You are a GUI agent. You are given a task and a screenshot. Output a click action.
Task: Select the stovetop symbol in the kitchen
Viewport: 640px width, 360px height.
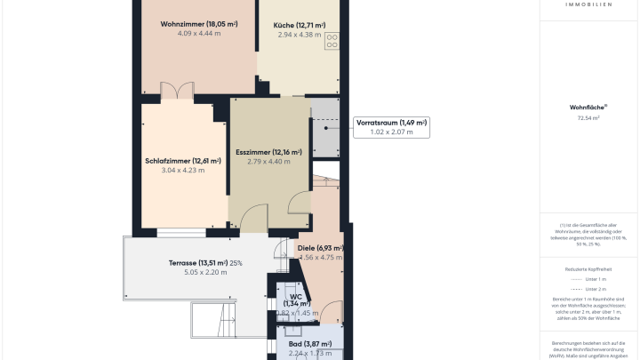[x=332, y=40]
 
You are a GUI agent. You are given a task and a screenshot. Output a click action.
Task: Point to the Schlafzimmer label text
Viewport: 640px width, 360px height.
[x=182, y=161]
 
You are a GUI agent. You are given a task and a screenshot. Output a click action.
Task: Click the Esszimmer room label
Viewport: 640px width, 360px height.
[x=268, y=152]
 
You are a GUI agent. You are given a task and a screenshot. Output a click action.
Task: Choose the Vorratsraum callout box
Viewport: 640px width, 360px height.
[x=391, y=127]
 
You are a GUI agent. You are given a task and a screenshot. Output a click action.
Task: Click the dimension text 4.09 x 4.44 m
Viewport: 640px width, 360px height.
[x=197, y=34]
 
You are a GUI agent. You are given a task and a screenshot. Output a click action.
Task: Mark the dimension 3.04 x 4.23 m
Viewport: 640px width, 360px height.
[x=182, y=170]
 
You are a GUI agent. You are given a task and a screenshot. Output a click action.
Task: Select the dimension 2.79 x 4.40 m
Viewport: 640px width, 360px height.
[x=268, y=162]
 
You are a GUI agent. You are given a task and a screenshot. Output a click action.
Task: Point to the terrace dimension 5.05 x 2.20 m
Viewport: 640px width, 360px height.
[x=205, y=272]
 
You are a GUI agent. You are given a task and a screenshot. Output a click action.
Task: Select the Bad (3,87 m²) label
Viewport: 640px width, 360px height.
[x=309, y=344]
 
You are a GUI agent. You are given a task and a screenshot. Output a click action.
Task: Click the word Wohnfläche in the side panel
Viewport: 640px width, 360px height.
[x=588, y=107]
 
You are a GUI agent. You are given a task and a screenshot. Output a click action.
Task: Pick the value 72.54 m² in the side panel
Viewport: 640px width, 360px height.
[x=588, y=117]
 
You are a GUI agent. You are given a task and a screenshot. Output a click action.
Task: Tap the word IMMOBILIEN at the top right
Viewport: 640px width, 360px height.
[x=588, y=4]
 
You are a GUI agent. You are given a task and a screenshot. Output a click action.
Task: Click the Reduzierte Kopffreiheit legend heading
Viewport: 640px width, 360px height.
[x=588, y=268]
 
